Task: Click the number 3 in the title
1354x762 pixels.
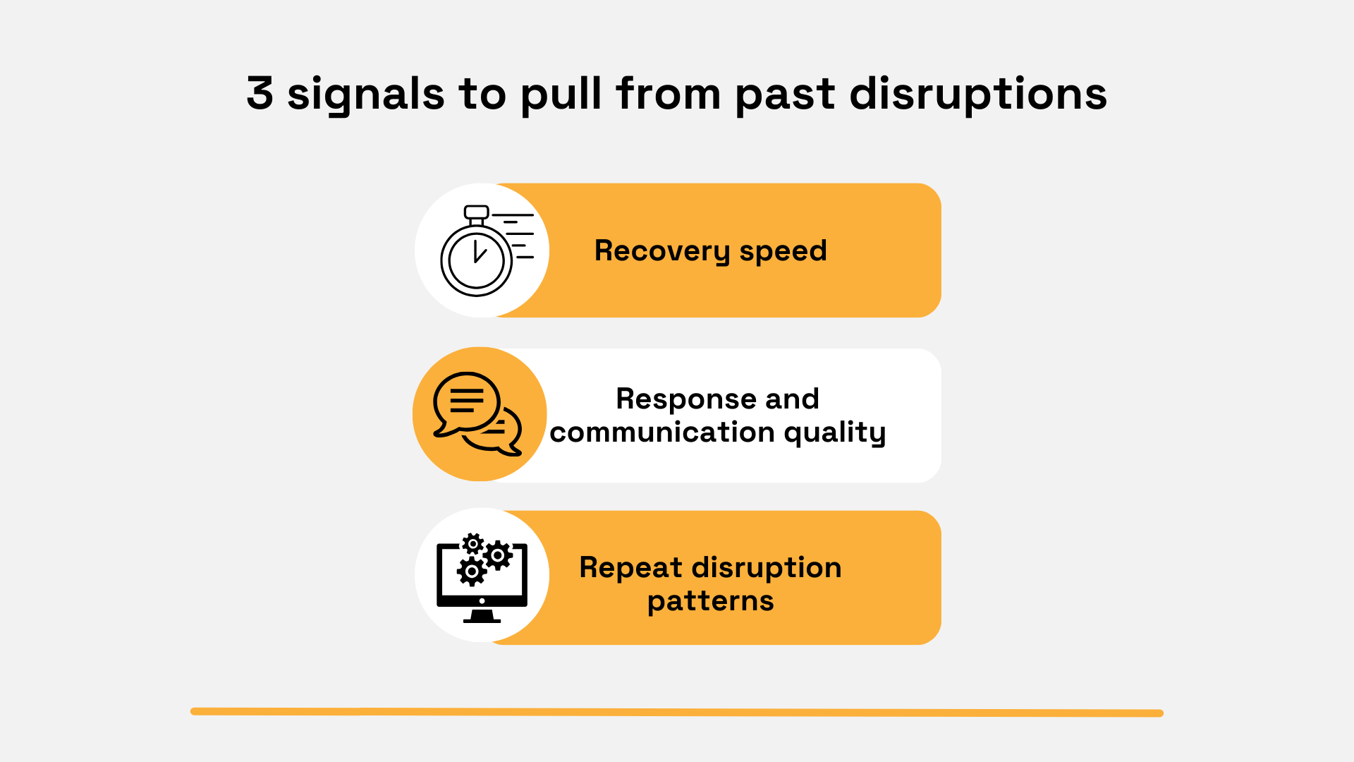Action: [260, 94]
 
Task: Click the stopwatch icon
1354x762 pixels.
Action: [480, 251]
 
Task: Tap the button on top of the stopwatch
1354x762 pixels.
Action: [477, 212]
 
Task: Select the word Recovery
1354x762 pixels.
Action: [661, 251]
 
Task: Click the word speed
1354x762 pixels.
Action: [783, 251]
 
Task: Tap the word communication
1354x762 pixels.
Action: [661, 433]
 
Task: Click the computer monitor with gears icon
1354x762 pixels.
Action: [482, 577]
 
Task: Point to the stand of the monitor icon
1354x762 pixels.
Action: [482, 617]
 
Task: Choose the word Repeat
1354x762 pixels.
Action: [630, 568]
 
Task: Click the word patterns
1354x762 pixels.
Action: [710, 601]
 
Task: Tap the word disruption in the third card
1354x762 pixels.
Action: [767, 568]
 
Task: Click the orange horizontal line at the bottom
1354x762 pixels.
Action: [677, 713]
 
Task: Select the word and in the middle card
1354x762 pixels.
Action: [792, 399]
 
